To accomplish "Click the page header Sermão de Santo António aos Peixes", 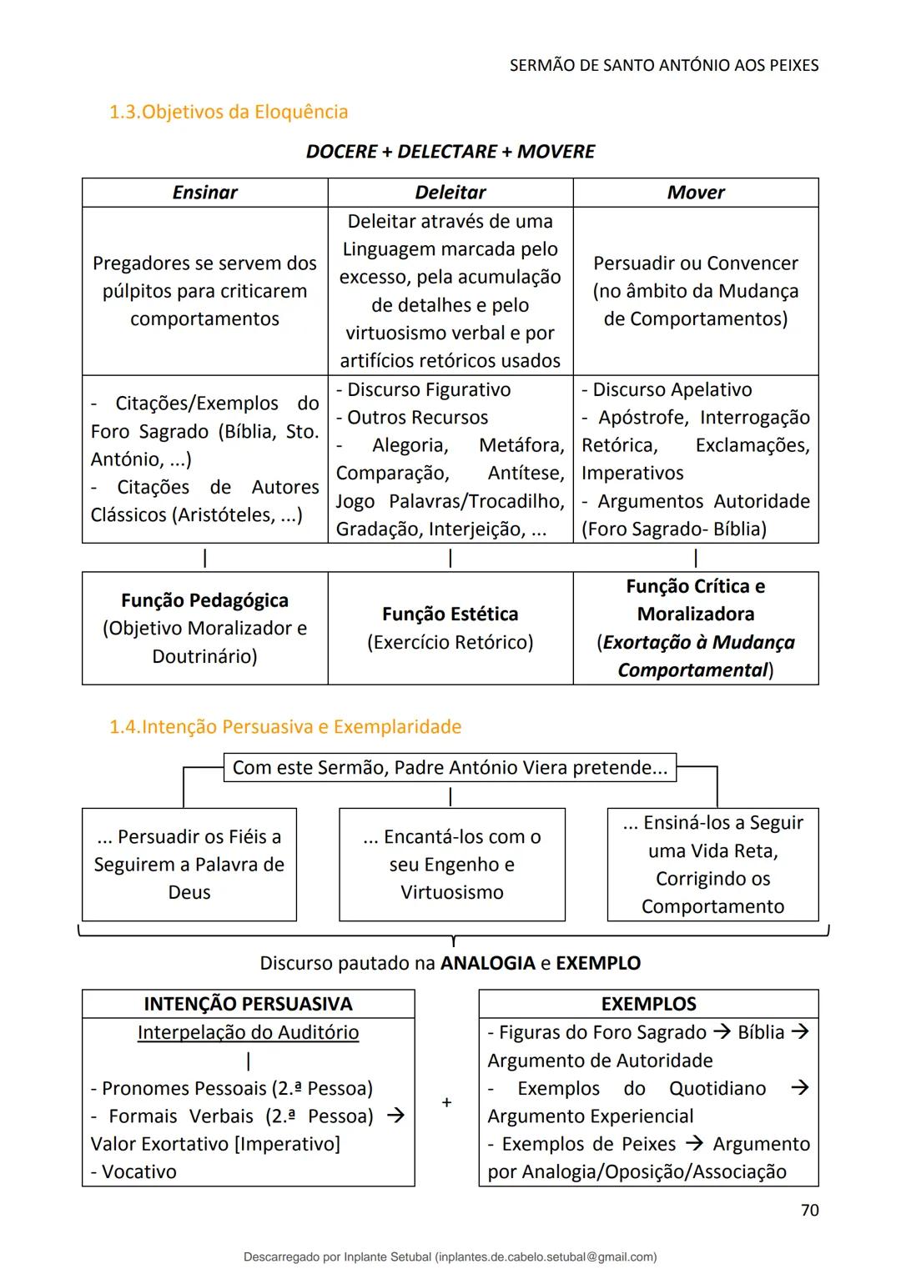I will pos(664,65).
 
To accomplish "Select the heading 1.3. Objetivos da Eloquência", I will pos(229,112).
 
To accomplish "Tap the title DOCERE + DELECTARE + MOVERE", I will pos(450,152).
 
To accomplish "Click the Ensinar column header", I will pos(205,193).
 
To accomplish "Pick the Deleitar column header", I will pos(450,193).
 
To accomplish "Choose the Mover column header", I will pos(696,193).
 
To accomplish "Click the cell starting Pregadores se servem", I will pos(205,291).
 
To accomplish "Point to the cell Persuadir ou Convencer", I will pos(696,291).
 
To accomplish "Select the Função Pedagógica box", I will pos(205,628).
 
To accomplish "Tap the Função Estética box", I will pos(450,628).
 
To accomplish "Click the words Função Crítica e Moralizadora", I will pos(696,600).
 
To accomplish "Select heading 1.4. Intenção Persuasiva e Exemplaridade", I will pos(285,727).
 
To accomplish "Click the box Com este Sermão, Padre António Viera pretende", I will pos(450,768).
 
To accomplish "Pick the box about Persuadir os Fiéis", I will pos(189,865).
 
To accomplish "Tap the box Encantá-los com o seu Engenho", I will pos(452,865).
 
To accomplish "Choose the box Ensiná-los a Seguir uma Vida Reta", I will pos(712,865).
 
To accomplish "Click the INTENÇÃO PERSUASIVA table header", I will pos(248,1004).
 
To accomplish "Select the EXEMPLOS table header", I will pos(648,1004).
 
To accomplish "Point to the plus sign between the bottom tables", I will pos(447,1102).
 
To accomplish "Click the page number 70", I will pos(809,1210).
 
